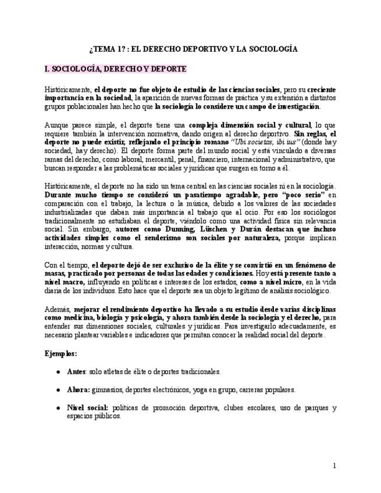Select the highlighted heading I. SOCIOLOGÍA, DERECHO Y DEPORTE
(x=115, y=69)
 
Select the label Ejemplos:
(x=60, y=353)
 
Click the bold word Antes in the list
(x=76, y=371)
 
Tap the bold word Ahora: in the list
(x=78, y=390)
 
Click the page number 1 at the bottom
(x=334, y=466)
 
